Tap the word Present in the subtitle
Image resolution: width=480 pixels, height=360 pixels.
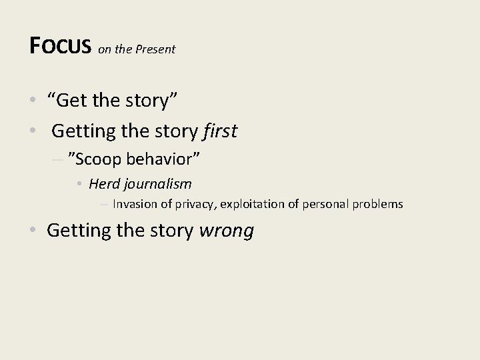(156, 49)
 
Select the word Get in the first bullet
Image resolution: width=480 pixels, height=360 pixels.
(73, 101)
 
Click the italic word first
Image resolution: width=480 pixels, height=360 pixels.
(219, 131)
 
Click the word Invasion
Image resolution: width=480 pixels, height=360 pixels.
(135, 204)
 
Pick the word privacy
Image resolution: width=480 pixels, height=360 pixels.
(193, 205)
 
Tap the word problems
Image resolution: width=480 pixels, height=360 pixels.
(380, 204)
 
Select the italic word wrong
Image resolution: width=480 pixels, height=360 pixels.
(226, 231)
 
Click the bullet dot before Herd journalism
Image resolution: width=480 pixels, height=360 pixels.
(79, 184)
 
